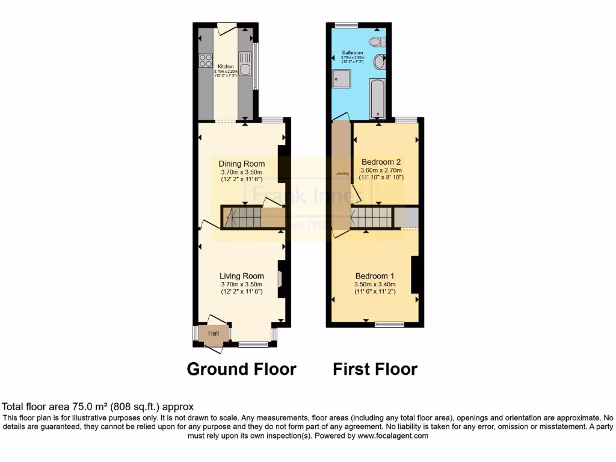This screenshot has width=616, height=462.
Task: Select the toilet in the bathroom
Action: tap(377, 42)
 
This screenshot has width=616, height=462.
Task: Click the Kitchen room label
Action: tap(226, 66)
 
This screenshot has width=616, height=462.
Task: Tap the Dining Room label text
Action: tap(241, 164)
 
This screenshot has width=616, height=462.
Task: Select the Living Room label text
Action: tap(241, 276)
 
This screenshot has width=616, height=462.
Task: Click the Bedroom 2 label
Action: tap(381, 162)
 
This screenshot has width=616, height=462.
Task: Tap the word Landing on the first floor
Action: tap(341, 174)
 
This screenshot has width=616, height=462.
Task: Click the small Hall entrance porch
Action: tap(214, 333)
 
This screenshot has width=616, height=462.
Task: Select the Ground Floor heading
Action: tap(241, 369)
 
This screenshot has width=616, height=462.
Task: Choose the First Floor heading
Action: tap(375, 369)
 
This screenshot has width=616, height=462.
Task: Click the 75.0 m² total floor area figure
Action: tap(90, 407)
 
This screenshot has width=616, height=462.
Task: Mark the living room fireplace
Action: tap(280, 279)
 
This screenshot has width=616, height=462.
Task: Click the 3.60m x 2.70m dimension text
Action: tap(381, 170)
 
